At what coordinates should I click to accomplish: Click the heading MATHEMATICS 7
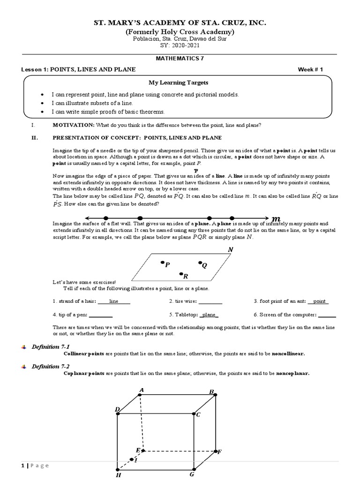point(180,59)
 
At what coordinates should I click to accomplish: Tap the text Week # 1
point(311,69)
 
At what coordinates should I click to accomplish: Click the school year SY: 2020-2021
point(180,46)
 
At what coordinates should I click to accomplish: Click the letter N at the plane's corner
point(230,250)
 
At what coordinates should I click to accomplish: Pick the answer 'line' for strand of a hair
point(113,301)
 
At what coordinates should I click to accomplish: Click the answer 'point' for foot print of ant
point(319,301)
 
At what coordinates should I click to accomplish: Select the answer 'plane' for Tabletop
point(209,315)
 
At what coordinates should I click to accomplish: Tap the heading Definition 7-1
point(50,346)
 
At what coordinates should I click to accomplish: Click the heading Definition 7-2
point(50,366)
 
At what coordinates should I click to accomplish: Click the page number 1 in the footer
point(22,465)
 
